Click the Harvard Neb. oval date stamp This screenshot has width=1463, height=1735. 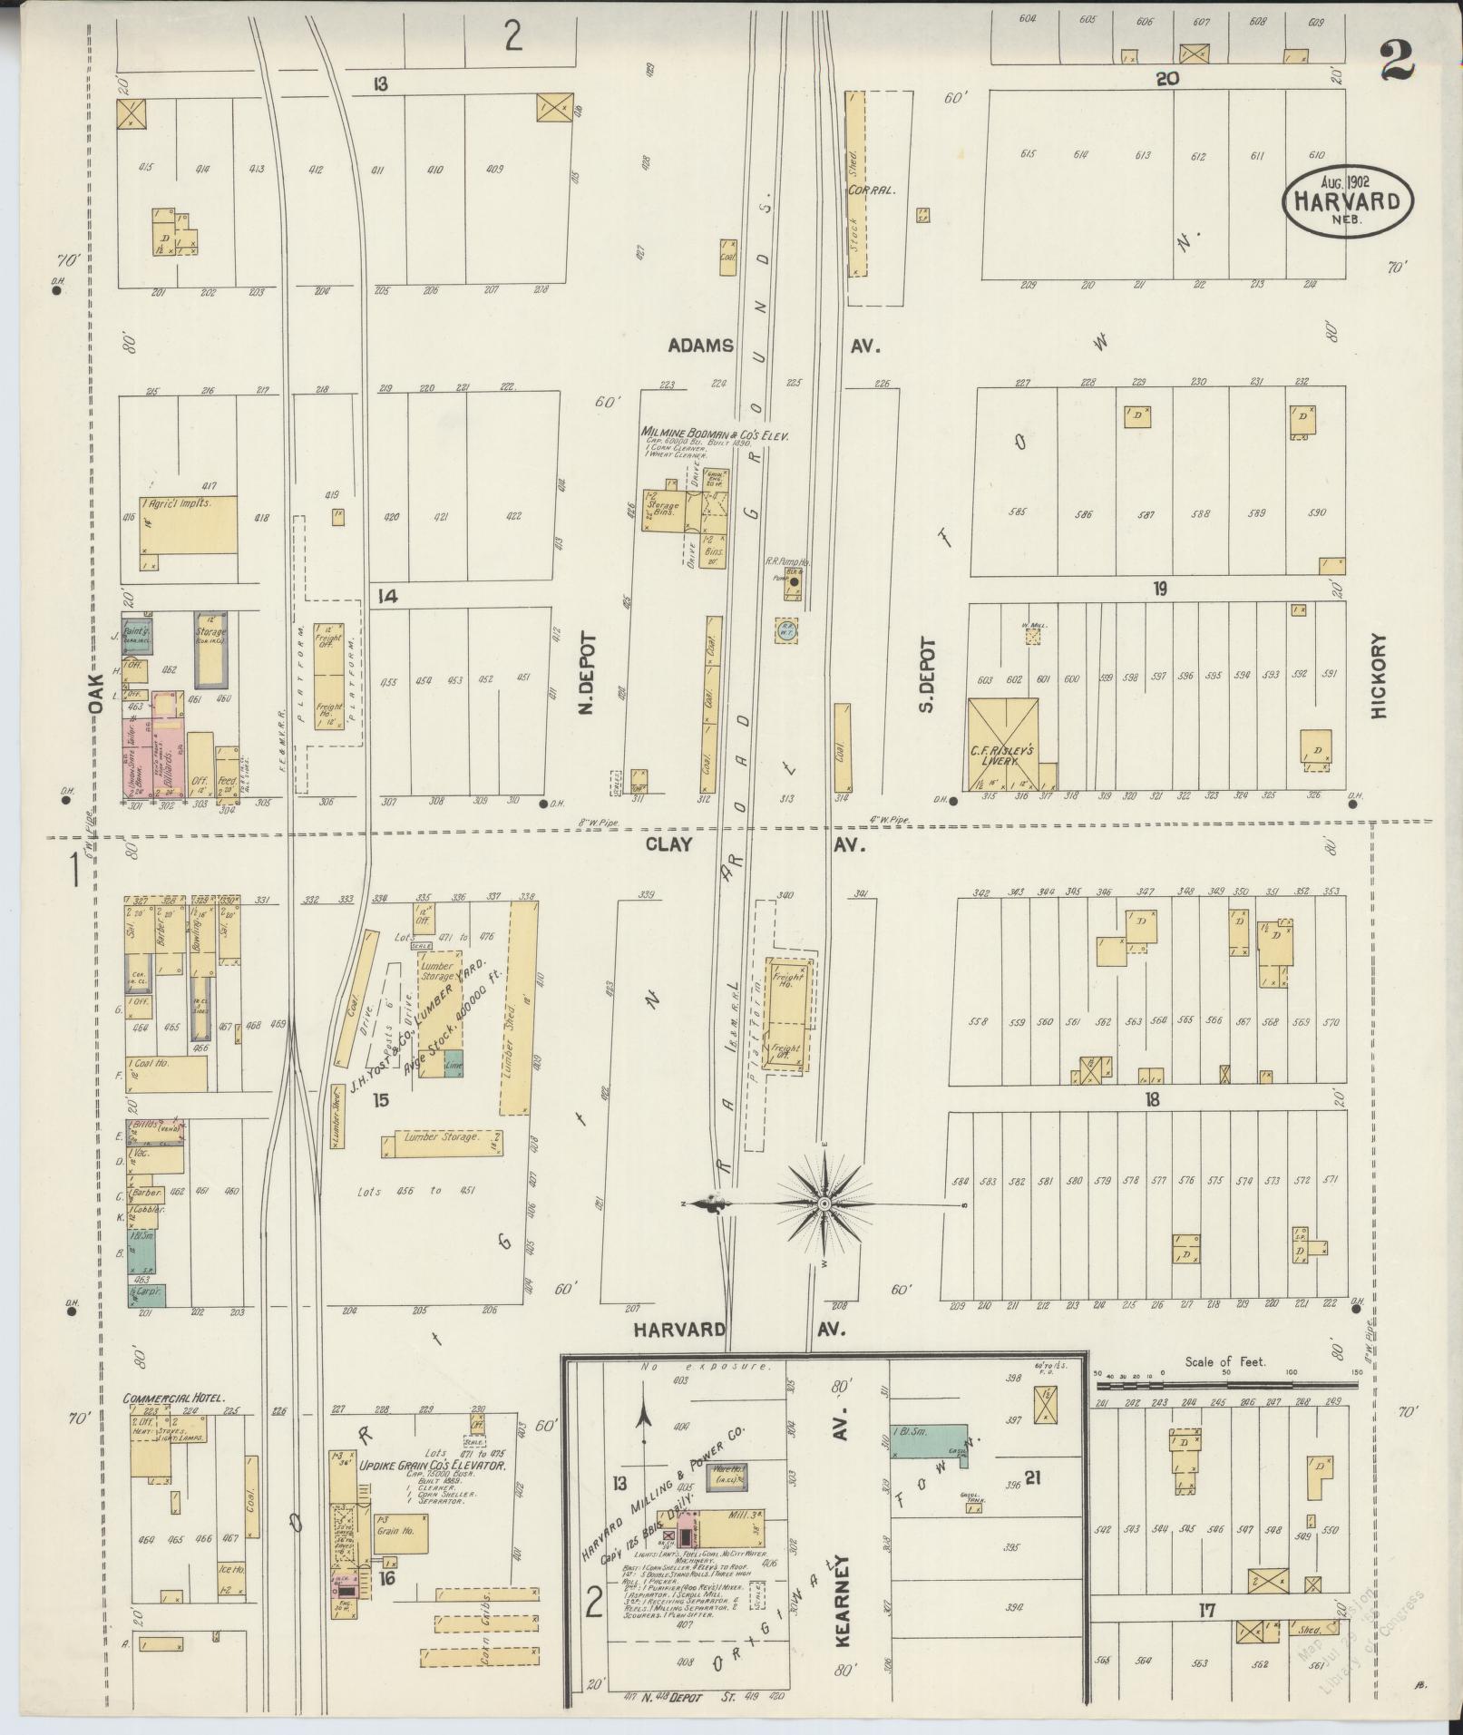1348,200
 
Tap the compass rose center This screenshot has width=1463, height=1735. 824,1204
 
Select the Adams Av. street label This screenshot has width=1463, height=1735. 775,346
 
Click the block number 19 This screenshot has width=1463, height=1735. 1159,589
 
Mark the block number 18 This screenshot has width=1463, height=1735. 1152,1099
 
